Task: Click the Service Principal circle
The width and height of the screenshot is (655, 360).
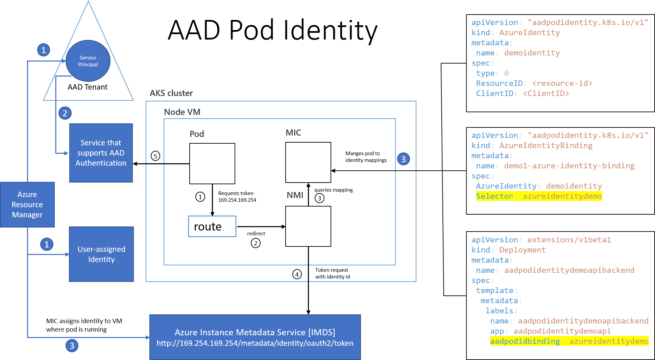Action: (88, 61)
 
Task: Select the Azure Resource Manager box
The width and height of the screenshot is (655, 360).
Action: (27, 205)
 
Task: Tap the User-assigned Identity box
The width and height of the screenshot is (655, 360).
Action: (101, 254)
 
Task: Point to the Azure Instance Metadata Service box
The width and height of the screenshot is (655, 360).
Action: (255, 337)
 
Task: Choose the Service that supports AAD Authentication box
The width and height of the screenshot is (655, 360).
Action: (101, 153)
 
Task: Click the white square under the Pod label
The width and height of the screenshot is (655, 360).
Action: (212, 164)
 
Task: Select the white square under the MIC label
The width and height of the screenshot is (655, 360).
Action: (308, 162)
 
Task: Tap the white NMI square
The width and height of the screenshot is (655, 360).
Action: (308, 226)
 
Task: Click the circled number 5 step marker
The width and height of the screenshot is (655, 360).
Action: (155, 156)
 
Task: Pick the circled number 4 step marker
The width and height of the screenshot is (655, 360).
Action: (297, 274)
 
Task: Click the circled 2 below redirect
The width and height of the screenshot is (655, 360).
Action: (256, 243)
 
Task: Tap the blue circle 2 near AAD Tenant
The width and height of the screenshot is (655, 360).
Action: (65, 113)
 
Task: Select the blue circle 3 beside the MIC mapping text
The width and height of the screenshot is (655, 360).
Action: (403, 159)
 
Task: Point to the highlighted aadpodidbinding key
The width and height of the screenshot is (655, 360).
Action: (525, 341)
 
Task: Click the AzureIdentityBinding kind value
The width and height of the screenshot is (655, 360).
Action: (546, 145)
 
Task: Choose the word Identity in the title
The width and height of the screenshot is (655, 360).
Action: (330, 30)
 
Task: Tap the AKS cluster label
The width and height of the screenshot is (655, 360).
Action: (171, 93)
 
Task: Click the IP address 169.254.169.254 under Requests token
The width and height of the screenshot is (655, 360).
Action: (237, 200)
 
